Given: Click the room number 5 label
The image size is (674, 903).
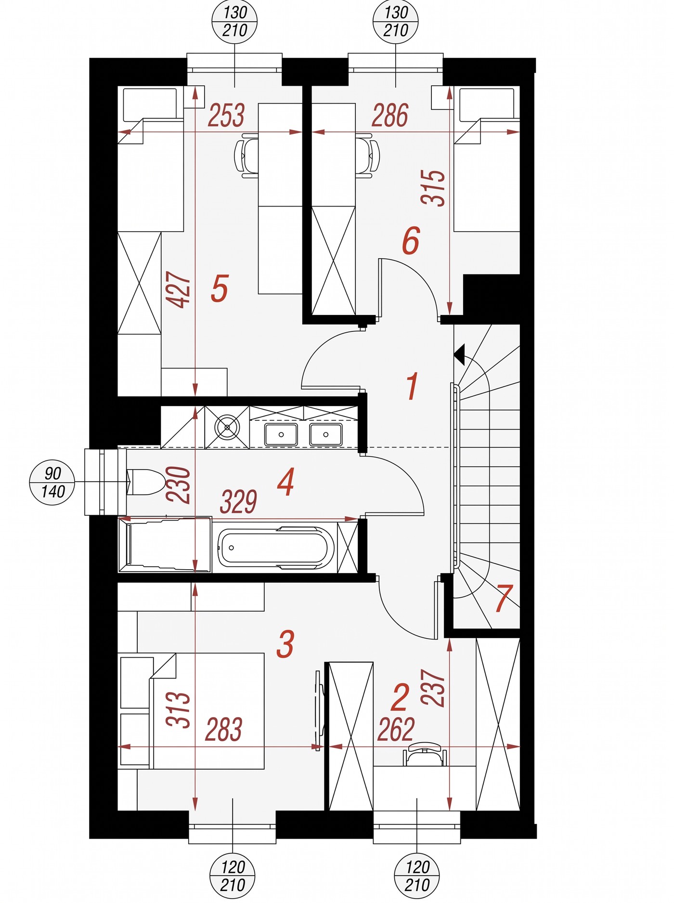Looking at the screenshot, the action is [x=220, y=288].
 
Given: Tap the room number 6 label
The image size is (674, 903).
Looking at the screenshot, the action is [x=411, y=240].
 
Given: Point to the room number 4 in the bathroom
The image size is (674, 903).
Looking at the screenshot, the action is [x=286, y=483].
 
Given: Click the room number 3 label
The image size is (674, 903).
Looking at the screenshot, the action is [x=285, y=644].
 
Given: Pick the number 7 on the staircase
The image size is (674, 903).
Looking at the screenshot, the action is [x=504, y=598].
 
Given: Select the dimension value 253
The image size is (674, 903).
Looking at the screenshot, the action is [x=226, y=116].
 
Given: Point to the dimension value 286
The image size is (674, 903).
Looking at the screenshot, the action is [x=390, y=116].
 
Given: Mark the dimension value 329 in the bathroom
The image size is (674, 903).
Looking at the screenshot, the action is [x=238, y=502].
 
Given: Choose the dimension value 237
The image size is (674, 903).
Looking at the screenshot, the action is [x=433, y=687].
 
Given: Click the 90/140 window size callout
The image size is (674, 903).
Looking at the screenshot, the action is [x=52, y=482].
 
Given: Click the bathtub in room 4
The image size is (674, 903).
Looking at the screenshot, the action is [x=276, y=548].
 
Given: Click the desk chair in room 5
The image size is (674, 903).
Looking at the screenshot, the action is [x=246, y=156].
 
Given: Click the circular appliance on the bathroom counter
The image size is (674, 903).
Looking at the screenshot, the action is [x=227, y=427].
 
